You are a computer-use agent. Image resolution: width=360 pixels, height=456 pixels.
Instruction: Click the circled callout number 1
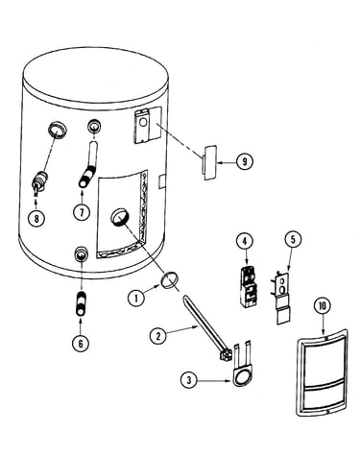pyautogui.click(x=136, y=299)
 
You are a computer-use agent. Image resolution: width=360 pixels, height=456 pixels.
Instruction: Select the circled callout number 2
pyautogui.click(x=158, y=336)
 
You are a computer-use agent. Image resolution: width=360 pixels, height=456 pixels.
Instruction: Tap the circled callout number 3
pyautogui.click(x=189, y=380)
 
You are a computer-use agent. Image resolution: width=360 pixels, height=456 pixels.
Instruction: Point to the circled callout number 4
pyautogui.click(x=245, y=241)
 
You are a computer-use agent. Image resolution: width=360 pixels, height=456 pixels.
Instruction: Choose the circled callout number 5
pyautogui.click(x=293, y=239)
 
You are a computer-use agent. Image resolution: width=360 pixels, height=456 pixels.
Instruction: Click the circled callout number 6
pyautogui.click(x=81, y=344)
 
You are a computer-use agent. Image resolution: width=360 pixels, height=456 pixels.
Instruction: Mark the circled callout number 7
pyautogui.click(x=82, y=211)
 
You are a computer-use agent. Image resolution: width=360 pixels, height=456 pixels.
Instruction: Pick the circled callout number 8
pyautogui.click(x=36, y=219)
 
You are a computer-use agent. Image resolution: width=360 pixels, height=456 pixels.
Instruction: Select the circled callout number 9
pyautogui.click(x=245, y=161)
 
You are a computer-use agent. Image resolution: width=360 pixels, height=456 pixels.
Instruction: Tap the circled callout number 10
pyautogui.click(x=322, y=306)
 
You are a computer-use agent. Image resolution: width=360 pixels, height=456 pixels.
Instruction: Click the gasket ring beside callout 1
pyautogui.click(x=169, y=279)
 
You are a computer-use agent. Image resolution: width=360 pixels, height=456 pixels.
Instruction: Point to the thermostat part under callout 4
pyautogui.click(x=249, y=287)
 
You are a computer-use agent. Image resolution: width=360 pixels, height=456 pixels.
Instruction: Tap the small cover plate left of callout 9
pyautogui.click(x=209, y=162)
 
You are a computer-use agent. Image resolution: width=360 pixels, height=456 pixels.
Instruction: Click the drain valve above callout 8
pyautogui.click(x=40, y=182)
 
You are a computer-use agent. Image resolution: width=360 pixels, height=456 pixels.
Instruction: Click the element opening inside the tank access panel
pyautogui.click(x=119, y=217)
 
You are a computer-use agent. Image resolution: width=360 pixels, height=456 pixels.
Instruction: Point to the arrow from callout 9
pyautogui.click(x=227, y=162)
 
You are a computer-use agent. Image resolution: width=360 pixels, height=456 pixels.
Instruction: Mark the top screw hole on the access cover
pyautogui.click(x=325, y=338)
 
